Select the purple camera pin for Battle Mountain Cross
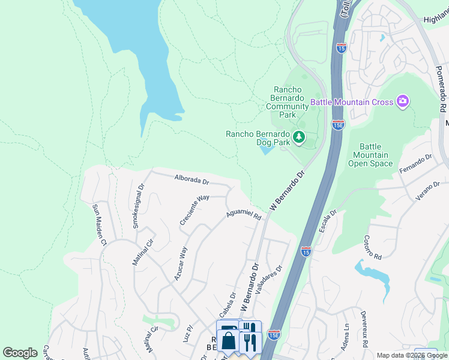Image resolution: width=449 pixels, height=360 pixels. [x=402, y=102]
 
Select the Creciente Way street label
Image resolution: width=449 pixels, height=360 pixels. [x=194, y=209]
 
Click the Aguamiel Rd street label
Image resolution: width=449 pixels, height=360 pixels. [x=244, y=215]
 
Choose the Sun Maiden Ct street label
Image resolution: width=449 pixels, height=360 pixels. [x=98, y=225]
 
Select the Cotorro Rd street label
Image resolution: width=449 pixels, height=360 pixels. [x=372, y=247]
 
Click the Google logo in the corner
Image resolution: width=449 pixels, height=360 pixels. [x=20, y=353]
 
